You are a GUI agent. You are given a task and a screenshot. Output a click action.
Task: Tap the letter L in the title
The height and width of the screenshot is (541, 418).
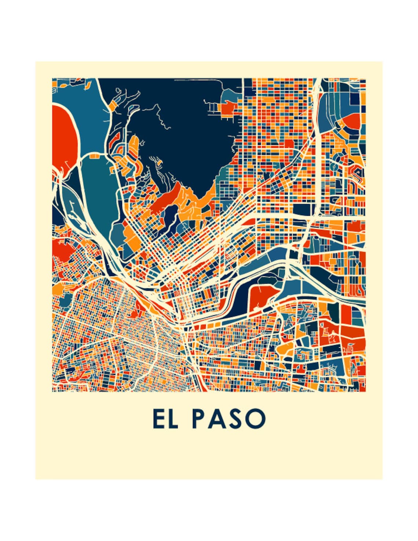click(x=173, y=418)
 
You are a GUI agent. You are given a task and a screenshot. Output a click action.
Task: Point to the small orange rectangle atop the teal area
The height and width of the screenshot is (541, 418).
click(x=95, y=156)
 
